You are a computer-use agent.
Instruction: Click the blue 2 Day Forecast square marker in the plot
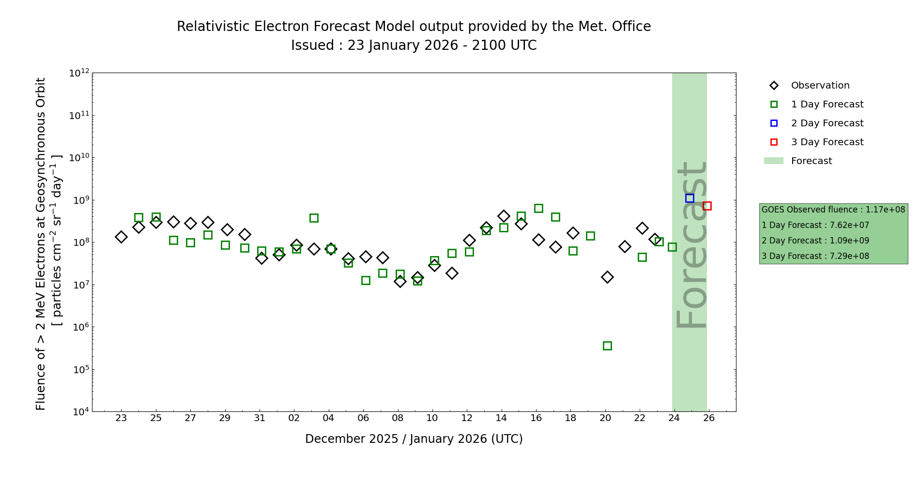click(x=690, y=198)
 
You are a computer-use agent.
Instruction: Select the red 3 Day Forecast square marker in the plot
click(x=707, y=206)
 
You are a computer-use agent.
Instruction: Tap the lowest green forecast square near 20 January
click(x=607, y=346)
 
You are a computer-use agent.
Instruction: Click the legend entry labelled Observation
click(x=820, y=86)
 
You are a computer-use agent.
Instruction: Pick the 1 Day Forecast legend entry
click(x=827, y=105)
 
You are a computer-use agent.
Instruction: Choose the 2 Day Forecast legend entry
click(x=827, y=123)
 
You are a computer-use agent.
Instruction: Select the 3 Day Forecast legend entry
click(x=827, y=142)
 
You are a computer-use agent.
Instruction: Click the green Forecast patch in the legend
click(x=773, y=161)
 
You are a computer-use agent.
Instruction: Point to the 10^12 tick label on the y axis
click(x=79, y=73)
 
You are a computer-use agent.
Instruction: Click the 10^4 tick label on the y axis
click(x=79, y=412)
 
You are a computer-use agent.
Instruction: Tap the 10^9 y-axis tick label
click(x=79, y=200)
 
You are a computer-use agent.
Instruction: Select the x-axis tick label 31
click(x=260, y=418)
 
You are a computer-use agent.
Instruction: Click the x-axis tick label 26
click(x=709, y=418)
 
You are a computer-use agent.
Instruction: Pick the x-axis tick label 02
click(x=294, y=418)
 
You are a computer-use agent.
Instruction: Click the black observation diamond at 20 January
click(x=607, y=277)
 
